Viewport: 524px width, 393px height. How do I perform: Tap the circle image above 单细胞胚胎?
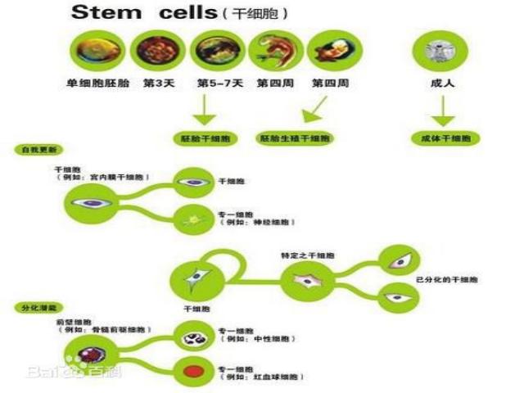(x=97, y=51)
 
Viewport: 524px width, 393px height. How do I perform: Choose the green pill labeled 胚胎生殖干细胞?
(x=296, y=138)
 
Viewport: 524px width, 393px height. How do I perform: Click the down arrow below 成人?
(x=443, y=110)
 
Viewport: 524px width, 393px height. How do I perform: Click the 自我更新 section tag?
(x=38, y=151)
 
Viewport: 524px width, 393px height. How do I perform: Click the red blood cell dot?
(x=194, y=372)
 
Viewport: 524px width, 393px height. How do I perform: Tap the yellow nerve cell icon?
(x=194, y=219)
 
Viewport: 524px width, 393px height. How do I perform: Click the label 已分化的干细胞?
(x=447, y=279)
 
